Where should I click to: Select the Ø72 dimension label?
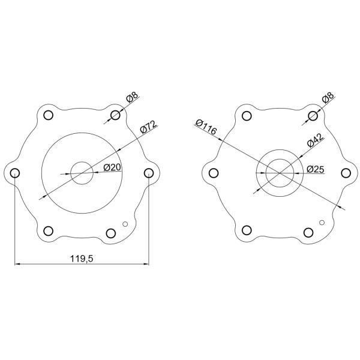(x=148, y=127)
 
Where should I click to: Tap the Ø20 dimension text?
(x=112, y=167)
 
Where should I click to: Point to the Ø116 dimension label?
(x=206, y=125)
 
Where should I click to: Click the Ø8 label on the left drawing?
(x=132, y=97)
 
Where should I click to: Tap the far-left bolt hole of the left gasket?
(x=15, y=173)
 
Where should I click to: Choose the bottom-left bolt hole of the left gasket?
(x=49, y=231)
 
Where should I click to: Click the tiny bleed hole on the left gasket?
(x=125, y=224)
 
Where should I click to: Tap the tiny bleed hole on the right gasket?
(x=322, y=224)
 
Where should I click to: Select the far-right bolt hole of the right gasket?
(x=346, y=173)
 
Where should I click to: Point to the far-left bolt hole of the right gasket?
(x=212, y=173)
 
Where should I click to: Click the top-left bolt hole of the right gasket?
(x=245, y=115)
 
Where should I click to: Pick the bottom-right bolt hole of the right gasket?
(x=307, y=233)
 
